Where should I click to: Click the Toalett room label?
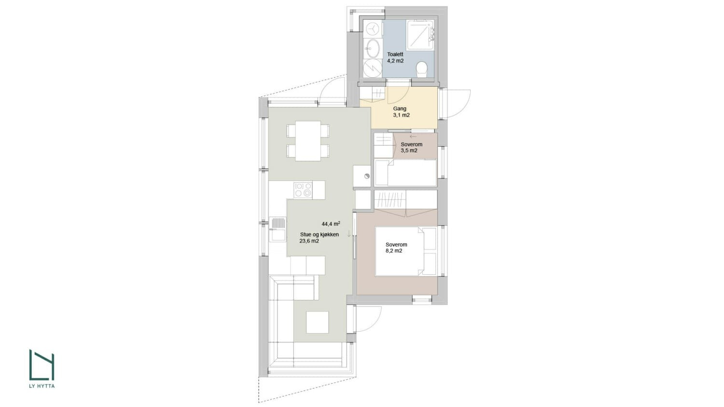pyautogui.click(x=395, y=54)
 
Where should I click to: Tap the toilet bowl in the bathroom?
pyautogui.click(x=421, y=68)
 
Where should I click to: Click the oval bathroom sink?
pyautogui.click(x=372, y=47)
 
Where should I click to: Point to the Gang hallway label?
pyautogui.click(x=400, y=109)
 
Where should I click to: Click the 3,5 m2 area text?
pyautogui.click(x=409, y=150)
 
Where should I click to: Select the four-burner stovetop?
pyautogui.click(x=303, y=189)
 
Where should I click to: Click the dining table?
pyautogui.click(x=307, y=141)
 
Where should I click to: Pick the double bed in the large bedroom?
pyautogui.click(x=405, y=251)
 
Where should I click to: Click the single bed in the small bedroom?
pyautogui.click(x=405, y=173)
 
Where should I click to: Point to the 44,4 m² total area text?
pyautogui.click(x=331, y=224)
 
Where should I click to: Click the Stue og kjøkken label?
pyautogui.click(x=319, y=234)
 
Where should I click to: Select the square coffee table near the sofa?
pyautogui.click(x=317, y=322)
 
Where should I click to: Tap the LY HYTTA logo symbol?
pyautogui.click(x=42, y=365)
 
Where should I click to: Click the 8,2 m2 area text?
pyautogui.click(x=394, y=251)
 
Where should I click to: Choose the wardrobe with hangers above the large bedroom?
pyautogui.click(x=390, y=199)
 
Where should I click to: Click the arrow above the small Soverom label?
pyautogui.click(x=413, y=137)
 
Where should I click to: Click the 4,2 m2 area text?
pyautogui.click(x=395, y=61)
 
